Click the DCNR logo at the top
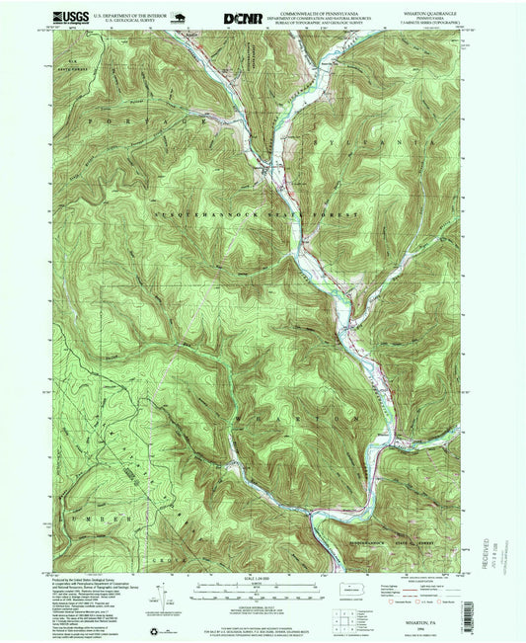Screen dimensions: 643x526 (x=243, y=17)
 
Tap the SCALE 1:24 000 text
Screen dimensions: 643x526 (x=263, y=578)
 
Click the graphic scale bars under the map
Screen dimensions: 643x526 (x=263, y=589)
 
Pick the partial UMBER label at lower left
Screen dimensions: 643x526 (x=99, y=518)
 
